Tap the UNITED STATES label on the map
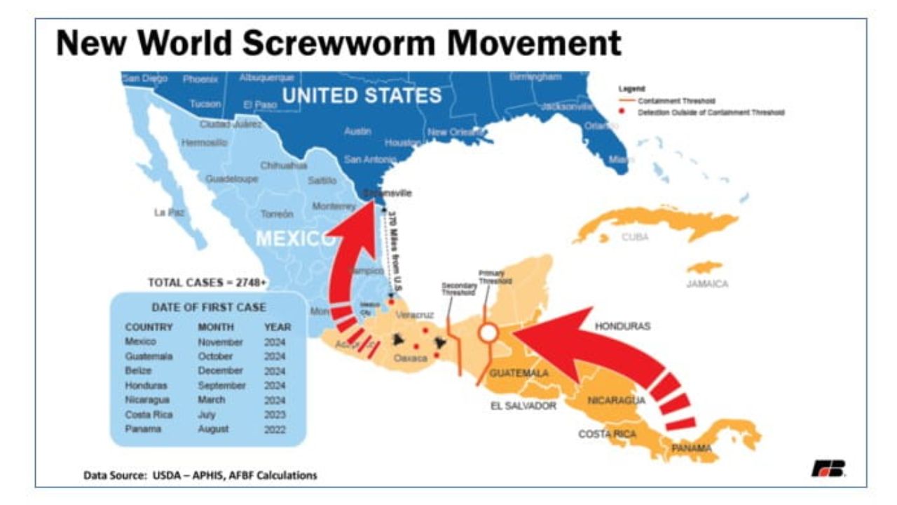[x=362, y=95]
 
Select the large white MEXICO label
[x=295, y=238]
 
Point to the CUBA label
[x=635, y=237]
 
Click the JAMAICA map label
[x=707, y=284]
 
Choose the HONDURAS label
[x=622, y=326]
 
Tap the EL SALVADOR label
[x=523, y=406]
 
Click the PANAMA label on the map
[x=692, y=448]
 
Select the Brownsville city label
[x=388, y=193]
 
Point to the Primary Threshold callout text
[x=495, y=276]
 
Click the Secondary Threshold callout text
[x=459, y=289]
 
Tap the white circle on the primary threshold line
[x=488, y=333]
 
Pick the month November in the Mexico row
[x=220, y=342]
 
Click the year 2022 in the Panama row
[x=275, y=429]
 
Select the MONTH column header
[x=215, y=327]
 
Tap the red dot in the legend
[x=622, y=112]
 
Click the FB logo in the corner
[x=828, y=469]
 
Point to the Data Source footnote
[x=200, y=475]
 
